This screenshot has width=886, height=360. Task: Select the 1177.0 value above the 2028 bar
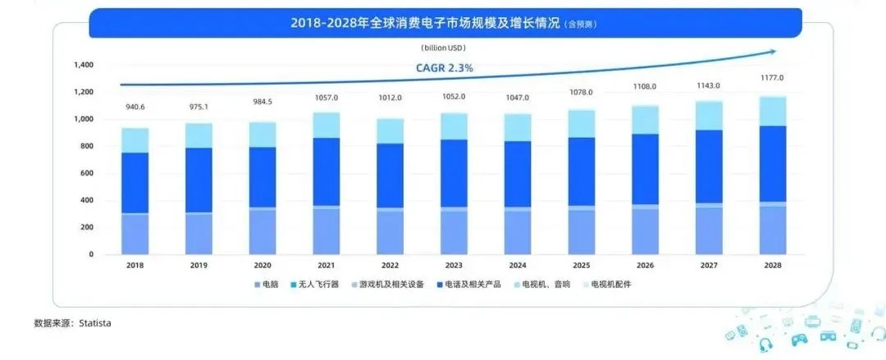[771, 78]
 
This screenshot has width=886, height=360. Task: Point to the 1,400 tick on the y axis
[84, 65]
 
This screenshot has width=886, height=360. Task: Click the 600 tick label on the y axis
[87, 173]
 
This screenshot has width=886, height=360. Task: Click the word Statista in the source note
[95, 324]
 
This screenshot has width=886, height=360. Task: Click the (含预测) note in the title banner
[579, 25]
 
